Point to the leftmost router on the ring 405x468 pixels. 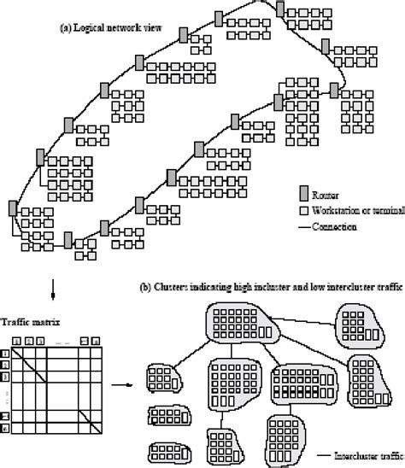pos(11,209)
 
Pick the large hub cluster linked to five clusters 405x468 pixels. pos(239,325)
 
